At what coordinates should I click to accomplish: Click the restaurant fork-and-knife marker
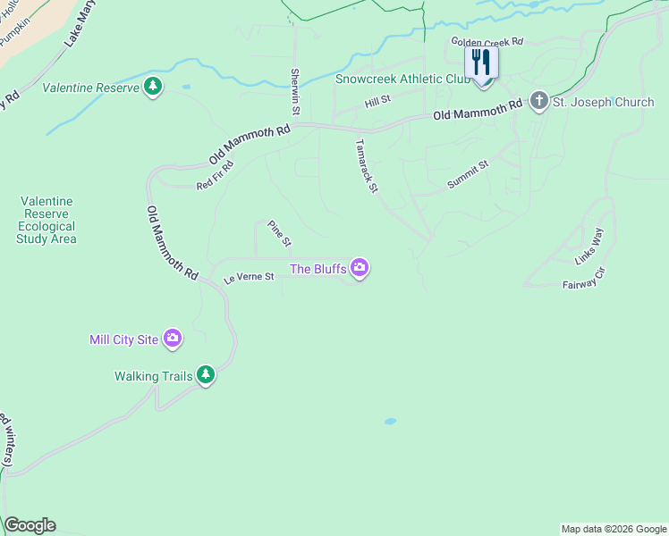(482, 63)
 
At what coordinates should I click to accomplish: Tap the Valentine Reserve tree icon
(154, 87)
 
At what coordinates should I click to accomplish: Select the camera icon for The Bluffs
(360, 267)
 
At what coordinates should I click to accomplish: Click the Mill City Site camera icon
(173, 339)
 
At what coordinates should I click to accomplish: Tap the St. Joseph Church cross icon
(538, 101)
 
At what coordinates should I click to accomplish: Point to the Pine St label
(280, 234)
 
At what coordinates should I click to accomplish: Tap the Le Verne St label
(248, 279)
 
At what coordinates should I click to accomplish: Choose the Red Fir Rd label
(215, 175)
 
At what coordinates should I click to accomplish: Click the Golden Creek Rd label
(486, 42)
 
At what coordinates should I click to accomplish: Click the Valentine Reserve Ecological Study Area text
(47, 220)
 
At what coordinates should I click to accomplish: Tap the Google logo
(30, 525)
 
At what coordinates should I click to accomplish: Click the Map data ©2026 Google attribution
(613, 529)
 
